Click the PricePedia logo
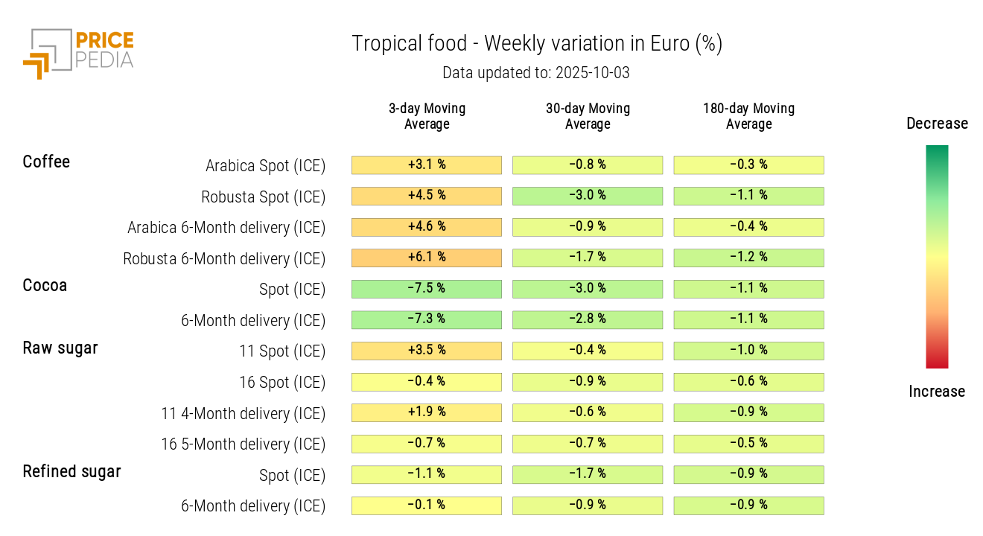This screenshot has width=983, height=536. point(78,52)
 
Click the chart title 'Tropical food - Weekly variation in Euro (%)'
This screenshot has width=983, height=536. point(537,44)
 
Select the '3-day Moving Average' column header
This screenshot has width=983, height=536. point(427,116)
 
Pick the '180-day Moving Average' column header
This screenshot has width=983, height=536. point(748,116)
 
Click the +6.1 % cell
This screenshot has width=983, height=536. point(427,258)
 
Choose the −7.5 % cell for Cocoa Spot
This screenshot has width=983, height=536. point(427,289)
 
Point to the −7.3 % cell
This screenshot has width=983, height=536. point(427,319)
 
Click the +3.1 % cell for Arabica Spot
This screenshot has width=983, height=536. point(427,165)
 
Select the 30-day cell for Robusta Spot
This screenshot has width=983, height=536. point(588,196)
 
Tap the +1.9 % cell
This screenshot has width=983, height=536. point(427,412)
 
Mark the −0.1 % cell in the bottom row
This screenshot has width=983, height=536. point(427,505)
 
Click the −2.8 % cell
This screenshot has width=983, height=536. point(588,319)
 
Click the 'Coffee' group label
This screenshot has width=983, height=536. point(46,162)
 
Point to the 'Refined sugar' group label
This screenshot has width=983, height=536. point(71,471)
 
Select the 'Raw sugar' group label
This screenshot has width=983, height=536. point(60,348)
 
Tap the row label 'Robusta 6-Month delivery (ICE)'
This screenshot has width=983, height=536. point(224,259)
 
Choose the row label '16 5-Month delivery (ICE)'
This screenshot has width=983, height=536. point(244,444)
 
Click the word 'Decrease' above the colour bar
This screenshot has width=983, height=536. point(937,124)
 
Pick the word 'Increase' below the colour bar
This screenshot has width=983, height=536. point(937,392)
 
